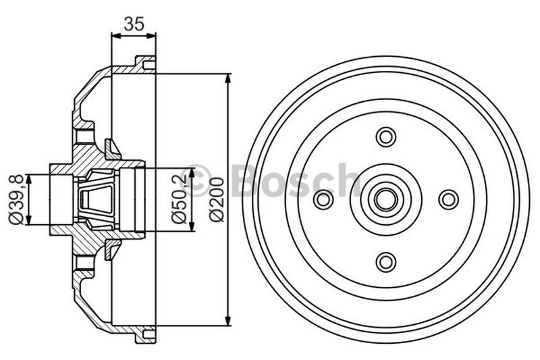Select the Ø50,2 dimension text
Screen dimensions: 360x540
pyautogui.click(x=179, y=200)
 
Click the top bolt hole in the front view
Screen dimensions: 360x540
pyautogui.click(x=385, y=136)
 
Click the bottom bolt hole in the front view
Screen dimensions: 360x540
pyautogui.click(x=385, y=261)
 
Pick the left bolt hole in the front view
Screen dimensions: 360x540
pyautogui.click(x=323, y=199)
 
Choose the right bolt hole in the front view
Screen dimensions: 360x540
pyautogui.click(x=448, y=199)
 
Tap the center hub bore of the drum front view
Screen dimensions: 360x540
pyautogui.click(x=385, y=199)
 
